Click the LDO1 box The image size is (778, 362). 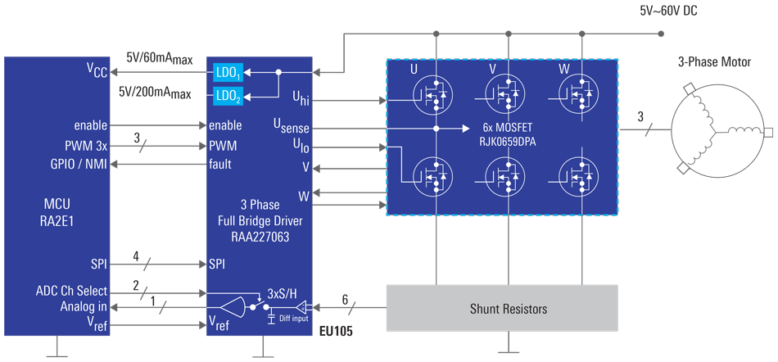228,72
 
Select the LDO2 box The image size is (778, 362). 228,96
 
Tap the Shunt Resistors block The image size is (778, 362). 501,309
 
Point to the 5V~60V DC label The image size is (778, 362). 668,11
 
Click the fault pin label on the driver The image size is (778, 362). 219,164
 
